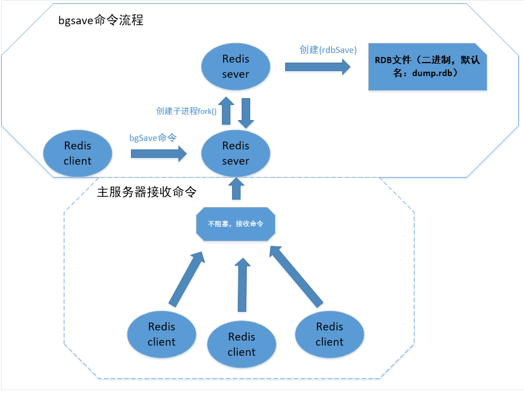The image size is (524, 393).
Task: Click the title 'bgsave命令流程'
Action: pyautogui.click(x=101, y=20)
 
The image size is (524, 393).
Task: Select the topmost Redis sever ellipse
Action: pyautogui.click(x=235, y=67)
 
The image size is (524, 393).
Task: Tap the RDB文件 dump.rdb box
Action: pyautogui.click(x=427, y=67)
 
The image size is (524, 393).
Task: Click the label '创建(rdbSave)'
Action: pyautogui.click(x=328, y=50)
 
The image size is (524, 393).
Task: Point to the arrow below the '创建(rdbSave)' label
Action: pyautogui.click(x=317, y=67)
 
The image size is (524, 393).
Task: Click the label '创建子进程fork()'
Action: pyautogui.click(x=186, y=111)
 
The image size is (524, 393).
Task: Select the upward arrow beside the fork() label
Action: pyautogui.click(x=226, y=111)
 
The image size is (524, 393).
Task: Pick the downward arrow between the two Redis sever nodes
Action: pyautogui.click(x=246, y=113)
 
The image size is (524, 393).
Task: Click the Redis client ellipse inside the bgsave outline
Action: pyautogui.click(x=77, y=153)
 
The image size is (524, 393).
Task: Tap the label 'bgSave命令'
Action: pyautogui.click(x=152, y=138)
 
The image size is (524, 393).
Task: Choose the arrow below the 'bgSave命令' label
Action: pyautogui.click(x=159, y=153)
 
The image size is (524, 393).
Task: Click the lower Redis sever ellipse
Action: pyautogui.click(x=235, y=153)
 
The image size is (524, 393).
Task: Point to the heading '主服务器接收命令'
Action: pyautogui.click(x=147, y=192)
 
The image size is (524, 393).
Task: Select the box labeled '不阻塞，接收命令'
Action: pyautogui.click(x=235, y=224)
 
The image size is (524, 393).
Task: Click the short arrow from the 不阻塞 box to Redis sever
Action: pyautogui.click(x=236, y=188)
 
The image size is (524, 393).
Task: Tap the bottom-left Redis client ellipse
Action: pyautogui.click(x=161, y=334)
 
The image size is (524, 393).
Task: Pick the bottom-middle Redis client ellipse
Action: pyautogui.click(x=242, y=345)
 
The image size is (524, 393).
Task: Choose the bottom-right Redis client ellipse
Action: pyautogui.click(x=330, y=334)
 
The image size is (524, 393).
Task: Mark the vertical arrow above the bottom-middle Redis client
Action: pyautogui.click(x=242, y=285)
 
